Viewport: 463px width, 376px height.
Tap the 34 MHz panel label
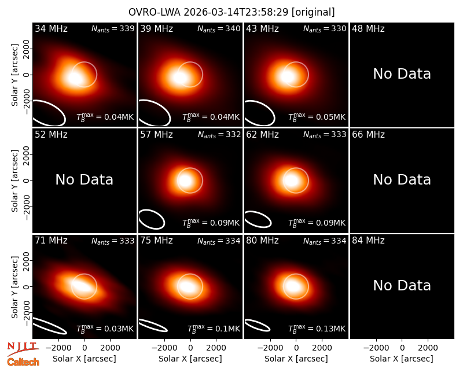click(x=51, y=28)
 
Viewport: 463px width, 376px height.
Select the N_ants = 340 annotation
click(x=219, y=29)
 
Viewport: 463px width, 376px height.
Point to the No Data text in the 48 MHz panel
click(x=402, y=74)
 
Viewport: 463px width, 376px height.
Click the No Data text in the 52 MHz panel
click(x=84, y=180)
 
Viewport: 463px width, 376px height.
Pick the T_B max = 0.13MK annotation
click(x=317, y=329)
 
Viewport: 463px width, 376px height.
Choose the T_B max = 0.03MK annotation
click(x=105, y=329)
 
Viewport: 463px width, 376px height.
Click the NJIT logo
click(x=23, y=349)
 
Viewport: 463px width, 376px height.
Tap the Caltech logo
click(x=23, y=362)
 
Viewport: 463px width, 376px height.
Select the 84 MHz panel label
click(x=368, y=241)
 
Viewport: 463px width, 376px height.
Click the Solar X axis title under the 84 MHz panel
click(x=402, y=359)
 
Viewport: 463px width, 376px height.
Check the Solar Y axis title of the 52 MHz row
click(x=15, y=180)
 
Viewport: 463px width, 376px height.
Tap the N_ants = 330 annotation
click(x=325, y=29)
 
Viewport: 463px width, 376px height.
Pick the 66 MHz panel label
click(x=368, y=135)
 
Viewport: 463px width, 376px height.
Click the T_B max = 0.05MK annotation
click(x=317, y=117)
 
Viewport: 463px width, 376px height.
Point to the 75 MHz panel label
click(x=156, y=241)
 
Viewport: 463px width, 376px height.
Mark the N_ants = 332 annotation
click(x=219, y=135)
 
